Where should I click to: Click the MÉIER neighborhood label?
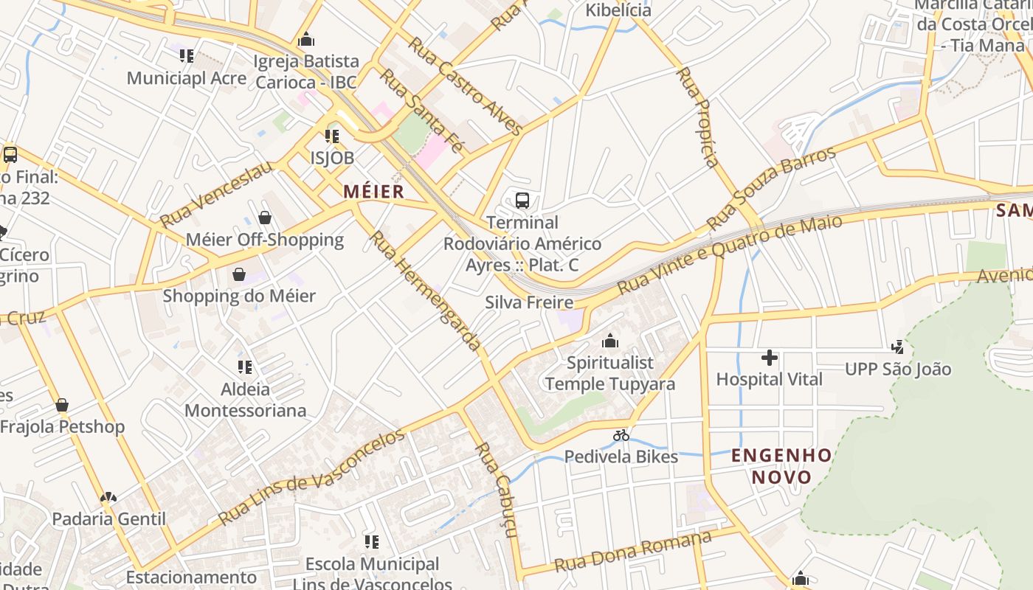click(373, 192)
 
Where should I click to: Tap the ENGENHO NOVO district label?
click(781, 465)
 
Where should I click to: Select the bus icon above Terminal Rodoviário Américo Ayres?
click(522, 200)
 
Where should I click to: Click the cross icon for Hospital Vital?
click(769, 358)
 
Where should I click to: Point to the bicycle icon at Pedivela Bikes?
click(621, 435)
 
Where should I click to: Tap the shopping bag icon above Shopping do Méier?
click(239, 275)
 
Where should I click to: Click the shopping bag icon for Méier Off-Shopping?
click(264, 218)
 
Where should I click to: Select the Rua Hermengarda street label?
click(425, 291)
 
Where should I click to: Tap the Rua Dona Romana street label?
click(632, 551)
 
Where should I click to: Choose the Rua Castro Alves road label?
click(466, 86)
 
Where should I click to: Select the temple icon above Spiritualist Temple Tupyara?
click(609, 341)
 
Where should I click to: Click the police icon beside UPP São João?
click(897, 347)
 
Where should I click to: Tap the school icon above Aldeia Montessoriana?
click(245, 367)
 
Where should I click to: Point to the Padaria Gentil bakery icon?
click(108, 498)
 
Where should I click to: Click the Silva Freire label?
click(529, 302)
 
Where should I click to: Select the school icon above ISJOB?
click(332, 136)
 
